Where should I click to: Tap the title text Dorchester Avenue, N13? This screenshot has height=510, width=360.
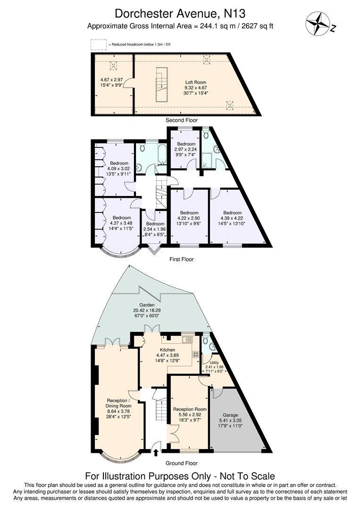[x=180, y=13]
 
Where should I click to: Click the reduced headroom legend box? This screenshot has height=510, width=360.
[x=99, y=44]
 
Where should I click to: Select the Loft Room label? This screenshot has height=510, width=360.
[x=195, y=82]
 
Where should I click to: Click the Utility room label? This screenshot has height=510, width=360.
[x=215, y=362]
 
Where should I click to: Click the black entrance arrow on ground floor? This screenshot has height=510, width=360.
[x=156, y=453]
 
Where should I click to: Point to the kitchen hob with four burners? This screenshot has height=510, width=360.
[x=195, y=353]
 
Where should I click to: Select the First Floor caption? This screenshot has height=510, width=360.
[x=181, y=259]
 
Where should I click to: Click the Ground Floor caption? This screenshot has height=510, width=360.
[x=181, y=463]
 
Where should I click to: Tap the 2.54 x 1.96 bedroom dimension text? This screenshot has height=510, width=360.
[x=155, y=229]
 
